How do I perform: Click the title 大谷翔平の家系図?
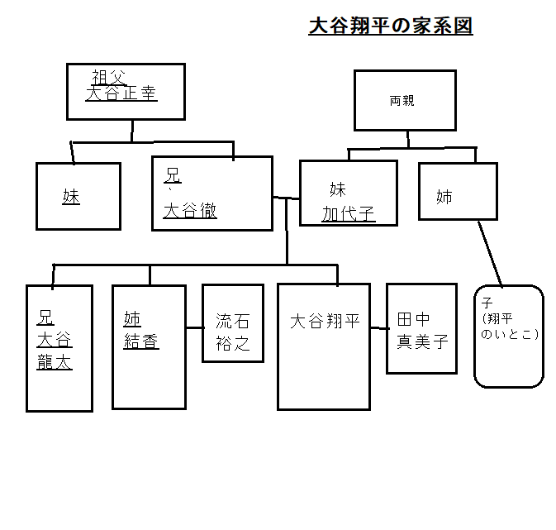(390, 26)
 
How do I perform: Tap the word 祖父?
(108, 77)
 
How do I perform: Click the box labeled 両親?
(404, 100)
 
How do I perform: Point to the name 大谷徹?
(189, 211)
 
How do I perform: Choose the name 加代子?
(348, 214)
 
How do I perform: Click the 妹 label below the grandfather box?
(71, 197)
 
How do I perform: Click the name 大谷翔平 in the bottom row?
(325, 322)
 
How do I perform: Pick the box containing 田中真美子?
(421, 328)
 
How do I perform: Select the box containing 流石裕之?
(232, 323)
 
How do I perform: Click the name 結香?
(140, 342)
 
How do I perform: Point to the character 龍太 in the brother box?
(55, 362)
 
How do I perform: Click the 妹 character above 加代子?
(338, 190)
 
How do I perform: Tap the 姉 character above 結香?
(132, 318)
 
